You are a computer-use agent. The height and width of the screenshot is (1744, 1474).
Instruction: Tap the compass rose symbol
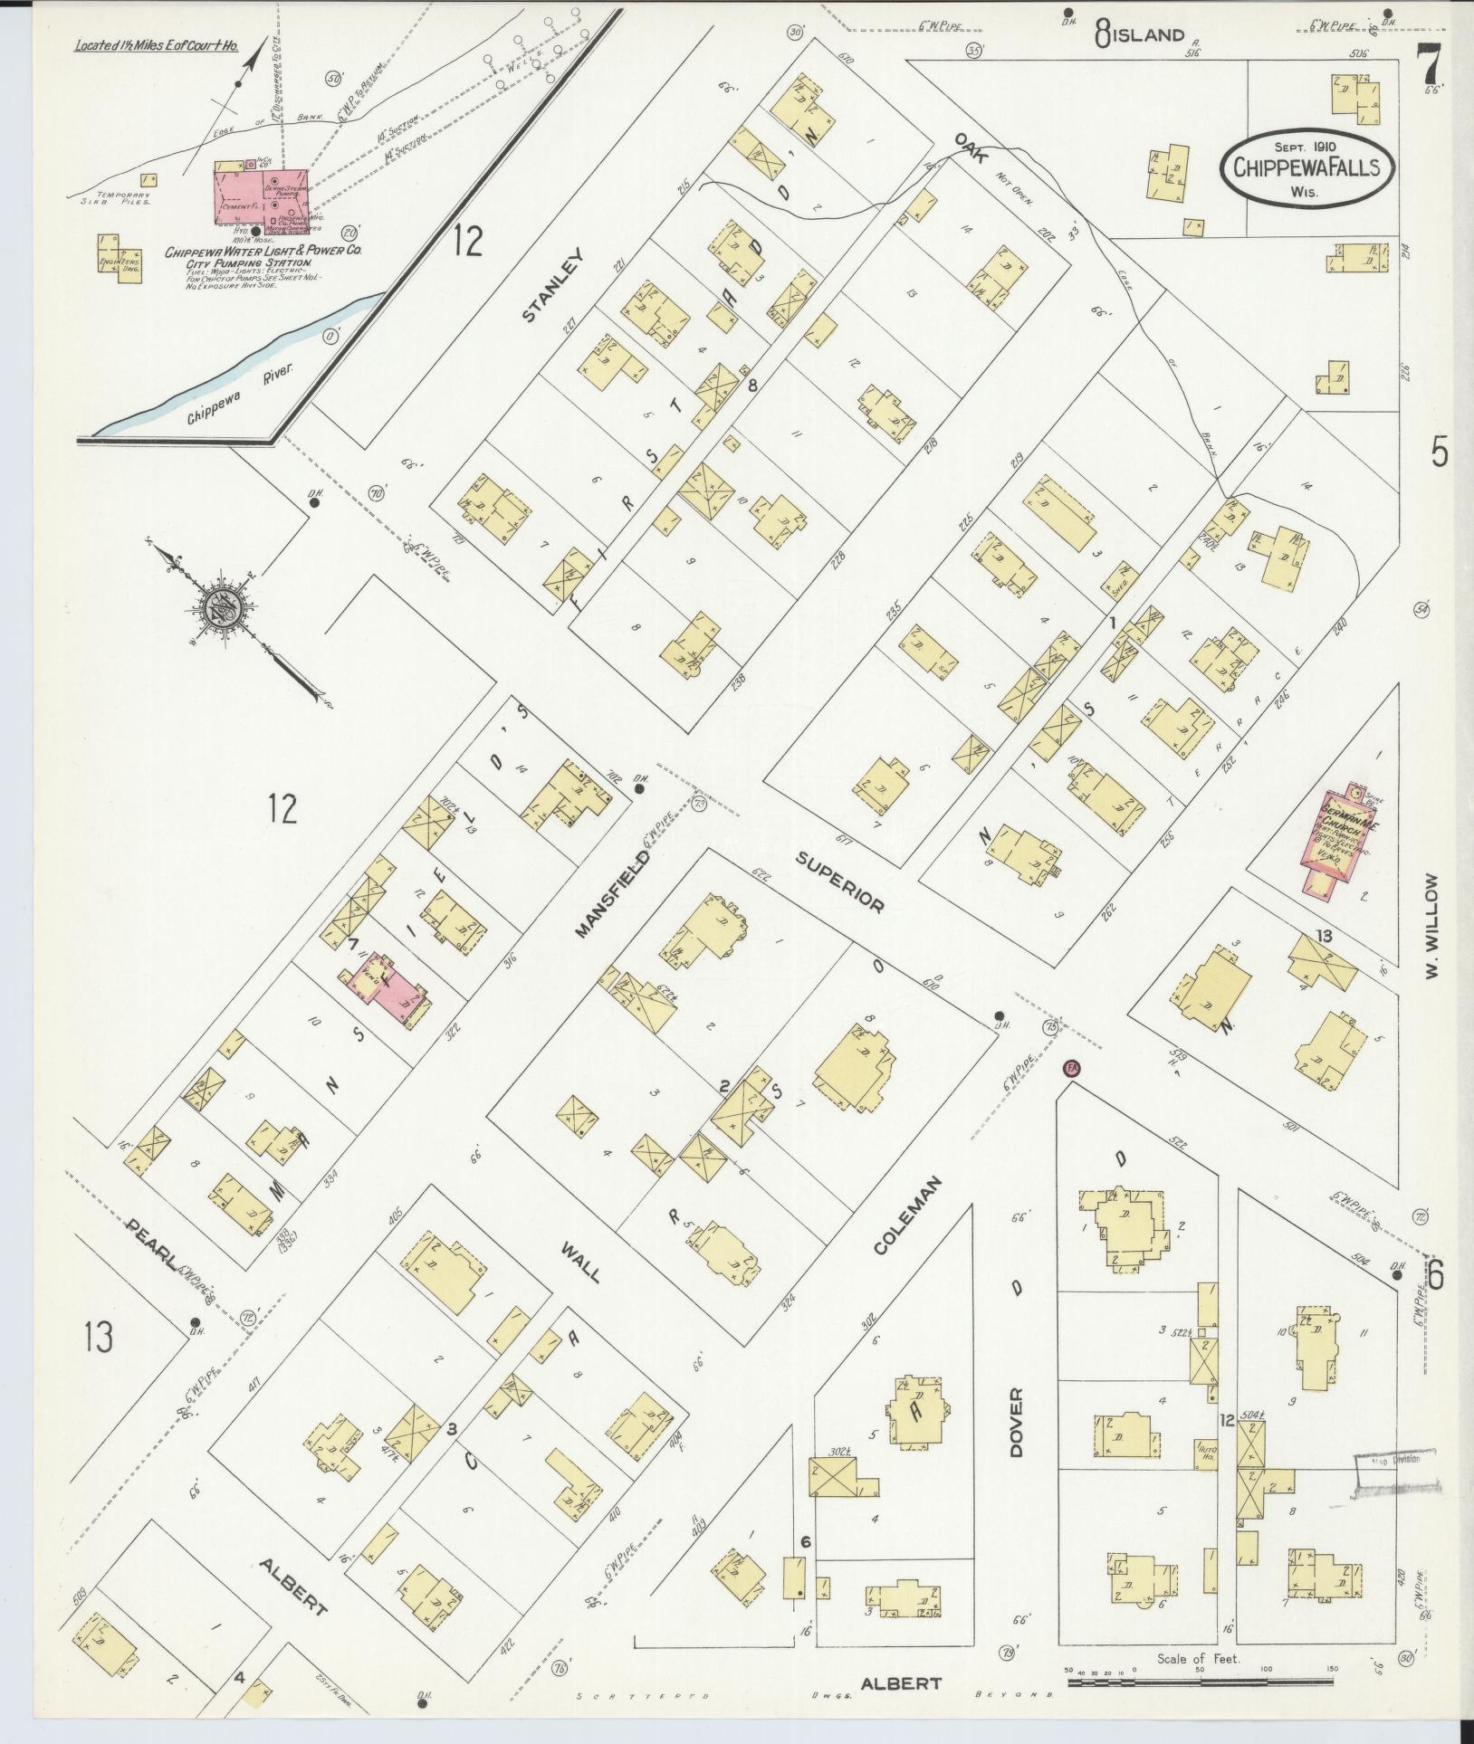[220, 605]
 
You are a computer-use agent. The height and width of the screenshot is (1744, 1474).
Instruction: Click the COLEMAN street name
[908, 1215]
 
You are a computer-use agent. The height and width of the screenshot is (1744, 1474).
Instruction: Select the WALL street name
[580, 1262]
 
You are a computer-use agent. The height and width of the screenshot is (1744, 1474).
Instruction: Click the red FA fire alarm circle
[1072, 1068]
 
